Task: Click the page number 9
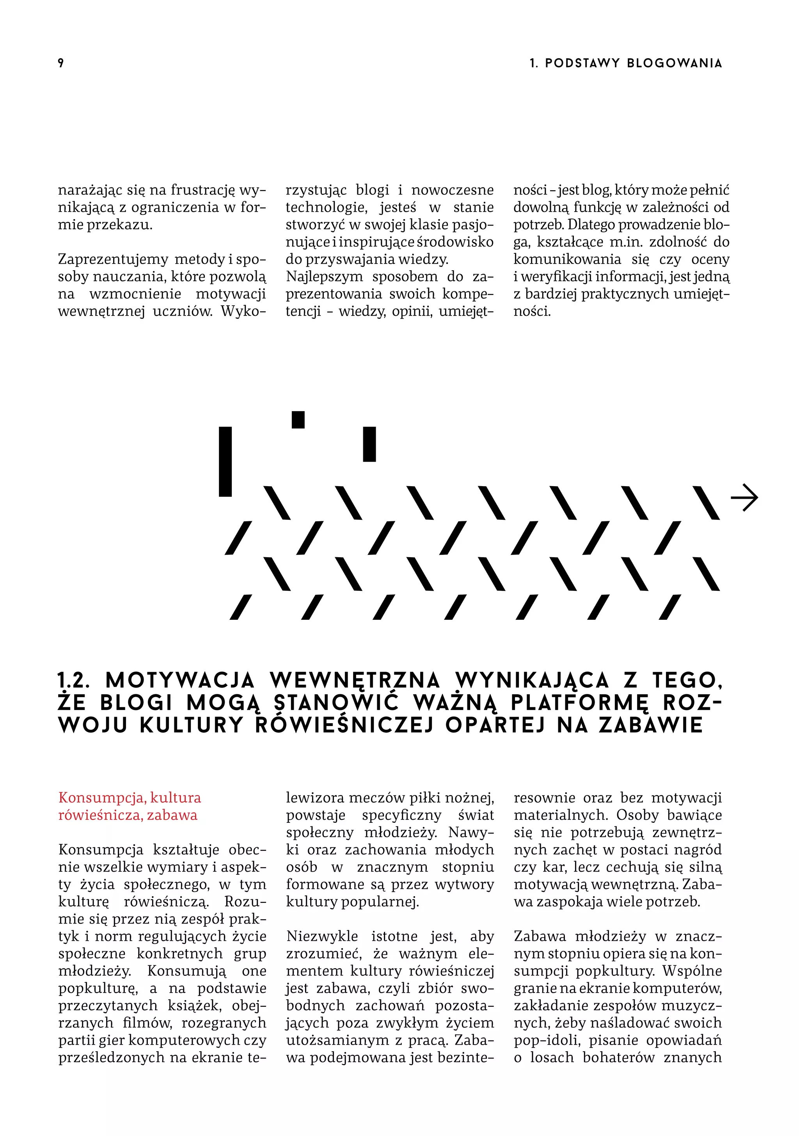point(61,63)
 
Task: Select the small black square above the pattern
point(298,419)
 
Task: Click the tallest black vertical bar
point(225,461)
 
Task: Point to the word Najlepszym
point(324,276)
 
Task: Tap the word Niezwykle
point(322,936)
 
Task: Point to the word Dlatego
point(590,225)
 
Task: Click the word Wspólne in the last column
point(692,971)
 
